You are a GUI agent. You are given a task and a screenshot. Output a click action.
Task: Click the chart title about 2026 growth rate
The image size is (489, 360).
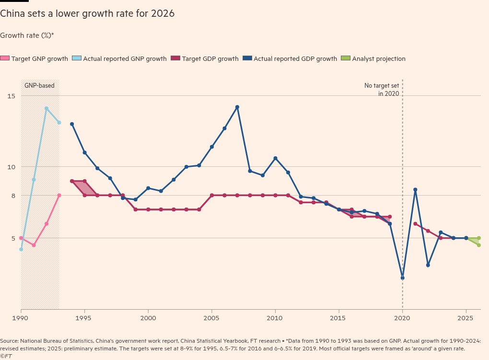pyautogui.click(x=87, y=14)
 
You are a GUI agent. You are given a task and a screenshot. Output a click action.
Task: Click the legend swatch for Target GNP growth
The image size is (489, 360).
pyautogui.click(x=5, y=58)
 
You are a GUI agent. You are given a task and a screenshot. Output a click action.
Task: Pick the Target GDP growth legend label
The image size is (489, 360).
pyautogui.click(x=210, y=59)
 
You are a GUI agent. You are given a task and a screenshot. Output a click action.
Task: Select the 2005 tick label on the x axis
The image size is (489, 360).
pyautogui.click(x=212, y=318)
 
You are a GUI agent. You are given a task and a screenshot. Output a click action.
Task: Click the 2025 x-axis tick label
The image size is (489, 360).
pyautogui.click(x=466, y=318)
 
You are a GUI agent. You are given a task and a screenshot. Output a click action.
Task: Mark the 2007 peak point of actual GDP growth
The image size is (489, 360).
pyautogui.click(x=237, y=107)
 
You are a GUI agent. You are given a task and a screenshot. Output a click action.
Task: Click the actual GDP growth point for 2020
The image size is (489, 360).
pyautogui.click(x=402, y=278)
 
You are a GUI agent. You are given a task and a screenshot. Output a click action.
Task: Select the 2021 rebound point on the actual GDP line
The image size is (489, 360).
pyautogui.click(x=415, y=190)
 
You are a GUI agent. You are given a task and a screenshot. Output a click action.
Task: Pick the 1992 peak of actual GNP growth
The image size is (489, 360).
pyautogui.click(x=47, y=108)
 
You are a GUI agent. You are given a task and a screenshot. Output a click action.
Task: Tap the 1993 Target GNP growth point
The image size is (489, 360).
pyautogui.click(x=59, y=195)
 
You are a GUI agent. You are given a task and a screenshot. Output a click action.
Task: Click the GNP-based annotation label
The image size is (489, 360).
pyautogui.click(x=39, y=86)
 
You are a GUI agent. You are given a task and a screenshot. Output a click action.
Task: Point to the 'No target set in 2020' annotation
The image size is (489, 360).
pyautogui.click(x=382, y=90)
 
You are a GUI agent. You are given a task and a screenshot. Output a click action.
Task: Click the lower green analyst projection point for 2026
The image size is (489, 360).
pyautogui.click(x=478, y=245)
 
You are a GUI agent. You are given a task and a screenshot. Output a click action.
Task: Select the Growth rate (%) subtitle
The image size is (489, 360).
pyautogui.click(x=27, y=35)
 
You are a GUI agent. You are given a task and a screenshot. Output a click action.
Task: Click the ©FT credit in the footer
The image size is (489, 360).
pyautogui.click(x=6, y=356)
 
